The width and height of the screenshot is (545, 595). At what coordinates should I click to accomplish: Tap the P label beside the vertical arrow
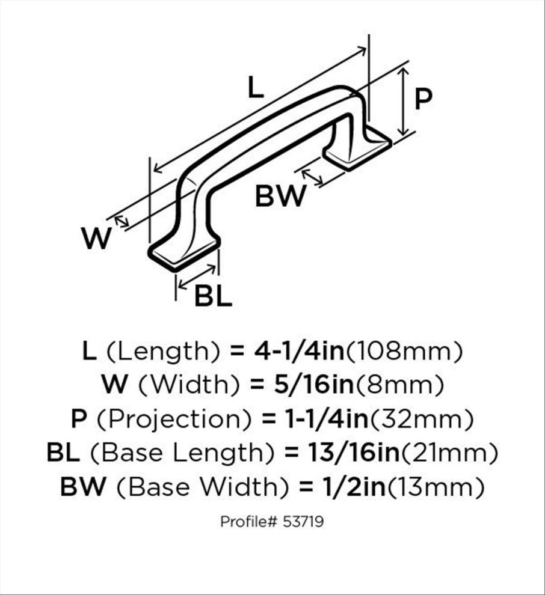tap(423, 99)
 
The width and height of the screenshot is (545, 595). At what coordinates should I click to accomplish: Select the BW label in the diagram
tap(280, 195)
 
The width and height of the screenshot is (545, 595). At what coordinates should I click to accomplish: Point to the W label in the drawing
tap(96, 238)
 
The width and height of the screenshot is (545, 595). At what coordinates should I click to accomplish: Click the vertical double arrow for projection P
tap(404, 102)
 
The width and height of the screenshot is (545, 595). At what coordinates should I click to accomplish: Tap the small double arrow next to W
tap(122, 221)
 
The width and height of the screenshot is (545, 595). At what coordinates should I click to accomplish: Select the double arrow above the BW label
tap(312, 177)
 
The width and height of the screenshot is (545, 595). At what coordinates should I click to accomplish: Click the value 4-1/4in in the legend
tap(299, 351)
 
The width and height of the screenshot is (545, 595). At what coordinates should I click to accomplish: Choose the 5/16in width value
tap(314, 385)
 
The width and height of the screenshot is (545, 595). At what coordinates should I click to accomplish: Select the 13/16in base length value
tap(354, 452)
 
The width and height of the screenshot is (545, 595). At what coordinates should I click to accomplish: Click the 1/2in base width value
tap(353, 486)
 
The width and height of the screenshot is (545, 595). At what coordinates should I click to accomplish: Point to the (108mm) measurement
tap(404, 352)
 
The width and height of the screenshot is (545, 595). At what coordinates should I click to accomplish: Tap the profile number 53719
tap(303, 522)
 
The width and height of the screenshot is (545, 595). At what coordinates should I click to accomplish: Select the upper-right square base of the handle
tap(357, 149)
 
